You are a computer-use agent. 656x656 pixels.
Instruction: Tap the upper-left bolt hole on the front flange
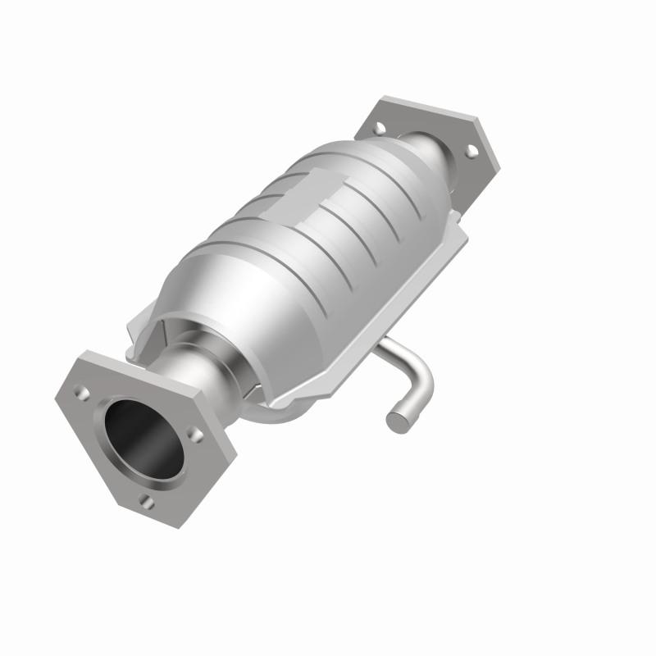[x=82, y=393]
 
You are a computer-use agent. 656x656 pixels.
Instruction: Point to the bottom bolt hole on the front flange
[x=146, y=501]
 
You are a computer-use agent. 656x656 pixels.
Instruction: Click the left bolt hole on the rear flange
[x=379, y=129]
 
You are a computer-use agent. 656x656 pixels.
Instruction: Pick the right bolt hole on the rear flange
[x=471, y=150]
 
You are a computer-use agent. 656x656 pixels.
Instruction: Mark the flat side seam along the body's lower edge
[x=369, y=328]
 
